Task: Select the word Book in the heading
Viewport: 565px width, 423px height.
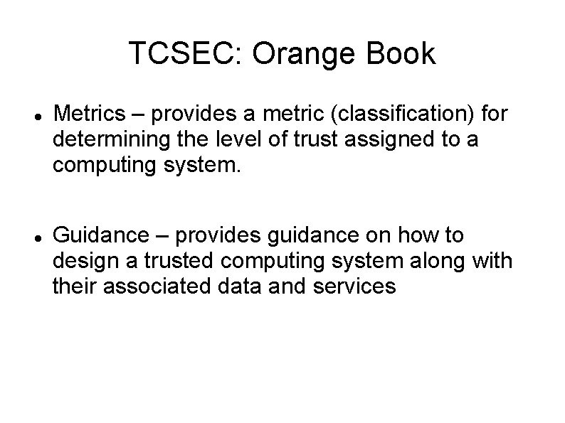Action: pos(403,55)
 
